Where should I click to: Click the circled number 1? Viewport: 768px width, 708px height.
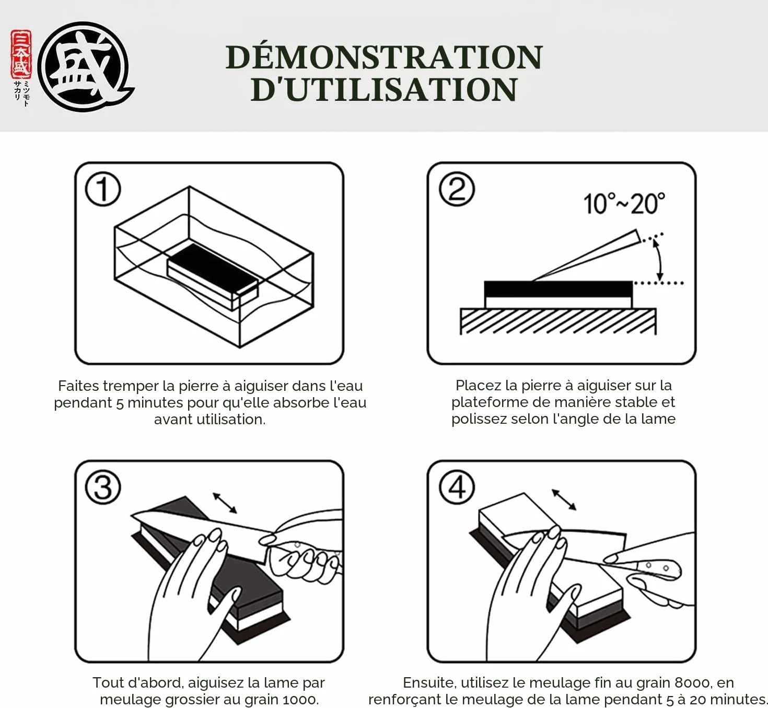[x=103, y=189]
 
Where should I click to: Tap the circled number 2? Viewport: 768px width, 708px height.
[x=457, y=189]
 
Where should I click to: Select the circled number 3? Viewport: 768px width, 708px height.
[x=103, y=487]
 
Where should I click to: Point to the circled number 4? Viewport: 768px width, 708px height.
[x=457, y=487]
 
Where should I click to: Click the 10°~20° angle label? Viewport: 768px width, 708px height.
[x=624, y=203]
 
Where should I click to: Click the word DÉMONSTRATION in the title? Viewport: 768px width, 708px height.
[x=384, y=57]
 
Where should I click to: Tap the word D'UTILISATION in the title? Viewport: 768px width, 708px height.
[x=384, y=89]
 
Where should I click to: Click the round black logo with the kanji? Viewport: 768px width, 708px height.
[x=85, y=67]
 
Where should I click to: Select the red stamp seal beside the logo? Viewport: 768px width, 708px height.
[x=21, y=54]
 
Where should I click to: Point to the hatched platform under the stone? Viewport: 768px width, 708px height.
[x=558, y=321]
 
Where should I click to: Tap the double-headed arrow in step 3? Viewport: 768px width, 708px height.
[x=225, y=503]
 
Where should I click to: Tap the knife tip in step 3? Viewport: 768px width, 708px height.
[x=132, y=515]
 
